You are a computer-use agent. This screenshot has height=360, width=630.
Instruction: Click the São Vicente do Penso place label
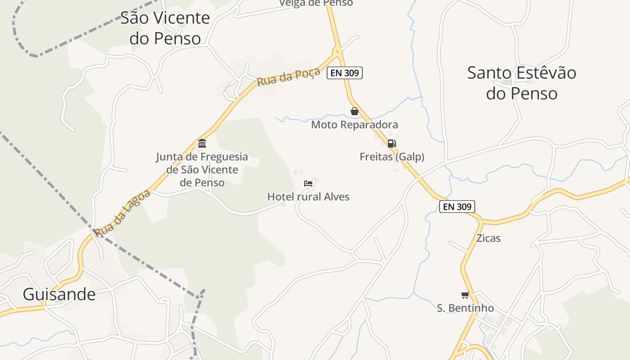165,28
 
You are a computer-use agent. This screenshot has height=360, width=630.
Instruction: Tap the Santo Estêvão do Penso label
522,83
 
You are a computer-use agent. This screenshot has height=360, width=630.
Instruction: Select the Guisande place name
59,294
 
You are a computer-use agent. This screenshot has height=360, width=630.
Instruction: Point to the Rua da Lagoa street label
122,213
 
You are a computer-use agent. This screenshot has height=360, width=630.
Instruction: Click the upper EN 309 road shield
345,72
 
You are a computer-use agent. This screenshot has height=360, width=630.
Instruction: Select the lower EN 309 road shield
457,207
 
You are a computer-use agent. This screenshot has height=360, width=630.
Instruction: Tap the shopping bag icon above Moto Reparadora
355,111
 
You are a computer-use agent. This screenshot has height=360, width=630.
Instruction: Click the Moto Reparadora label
355,125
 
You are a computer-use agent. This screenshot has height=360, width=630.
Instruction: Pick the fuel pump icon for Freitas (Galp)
391,144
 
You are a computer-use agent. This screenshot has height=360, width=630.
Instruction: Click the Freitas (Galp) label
392,157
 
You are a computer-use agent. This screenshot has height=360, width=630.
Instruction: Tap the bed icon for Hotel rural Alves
308,184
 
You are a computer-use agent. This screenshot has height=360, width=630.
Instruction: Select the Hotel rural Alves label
308,197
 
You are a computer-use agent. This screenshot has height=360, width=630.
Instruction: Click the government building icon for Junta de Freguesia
202,144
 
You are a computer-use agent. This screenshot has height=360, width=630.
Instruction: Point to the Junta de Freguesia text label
202,170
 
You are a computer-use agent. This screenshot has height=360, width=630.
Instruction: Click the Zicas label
488,238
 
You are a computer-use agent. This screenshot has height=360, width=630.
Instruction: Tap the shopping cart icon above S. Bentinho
465,295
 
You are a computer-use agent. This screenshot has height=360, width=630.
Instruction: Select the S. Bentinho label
465,308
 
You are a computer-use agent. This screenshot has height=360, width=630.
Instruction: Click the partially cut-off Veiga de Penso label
316,3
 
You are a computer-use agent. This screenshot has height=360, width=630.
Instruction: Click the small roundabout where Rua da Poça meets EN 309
337,50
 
